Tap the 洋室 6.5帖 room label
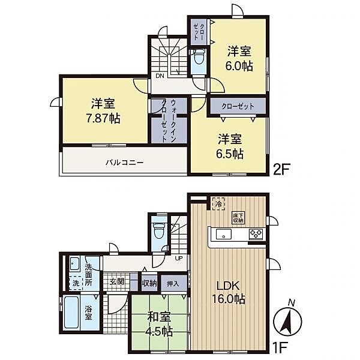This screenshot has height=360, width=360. click(x=230, y=146)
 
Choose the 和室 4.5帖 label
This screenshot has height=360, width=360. click(x=158, y=325)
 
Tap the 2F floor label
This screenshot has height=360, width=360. click(x=283, y=169)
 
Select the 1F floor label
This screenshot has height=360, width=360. click(x=283, y=347)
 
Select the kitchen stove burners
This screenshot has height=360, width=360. click(x=256, y=234)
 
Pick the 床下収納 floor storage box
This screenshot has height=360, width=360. click(x=238, y=217)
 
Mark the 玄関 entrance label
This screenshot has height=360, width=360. click(x=117, y=282)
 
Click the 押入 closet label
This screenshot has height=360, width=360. click(x=172, y=282)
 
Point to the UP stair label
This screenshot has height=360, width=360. click(x=178, y=259)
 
